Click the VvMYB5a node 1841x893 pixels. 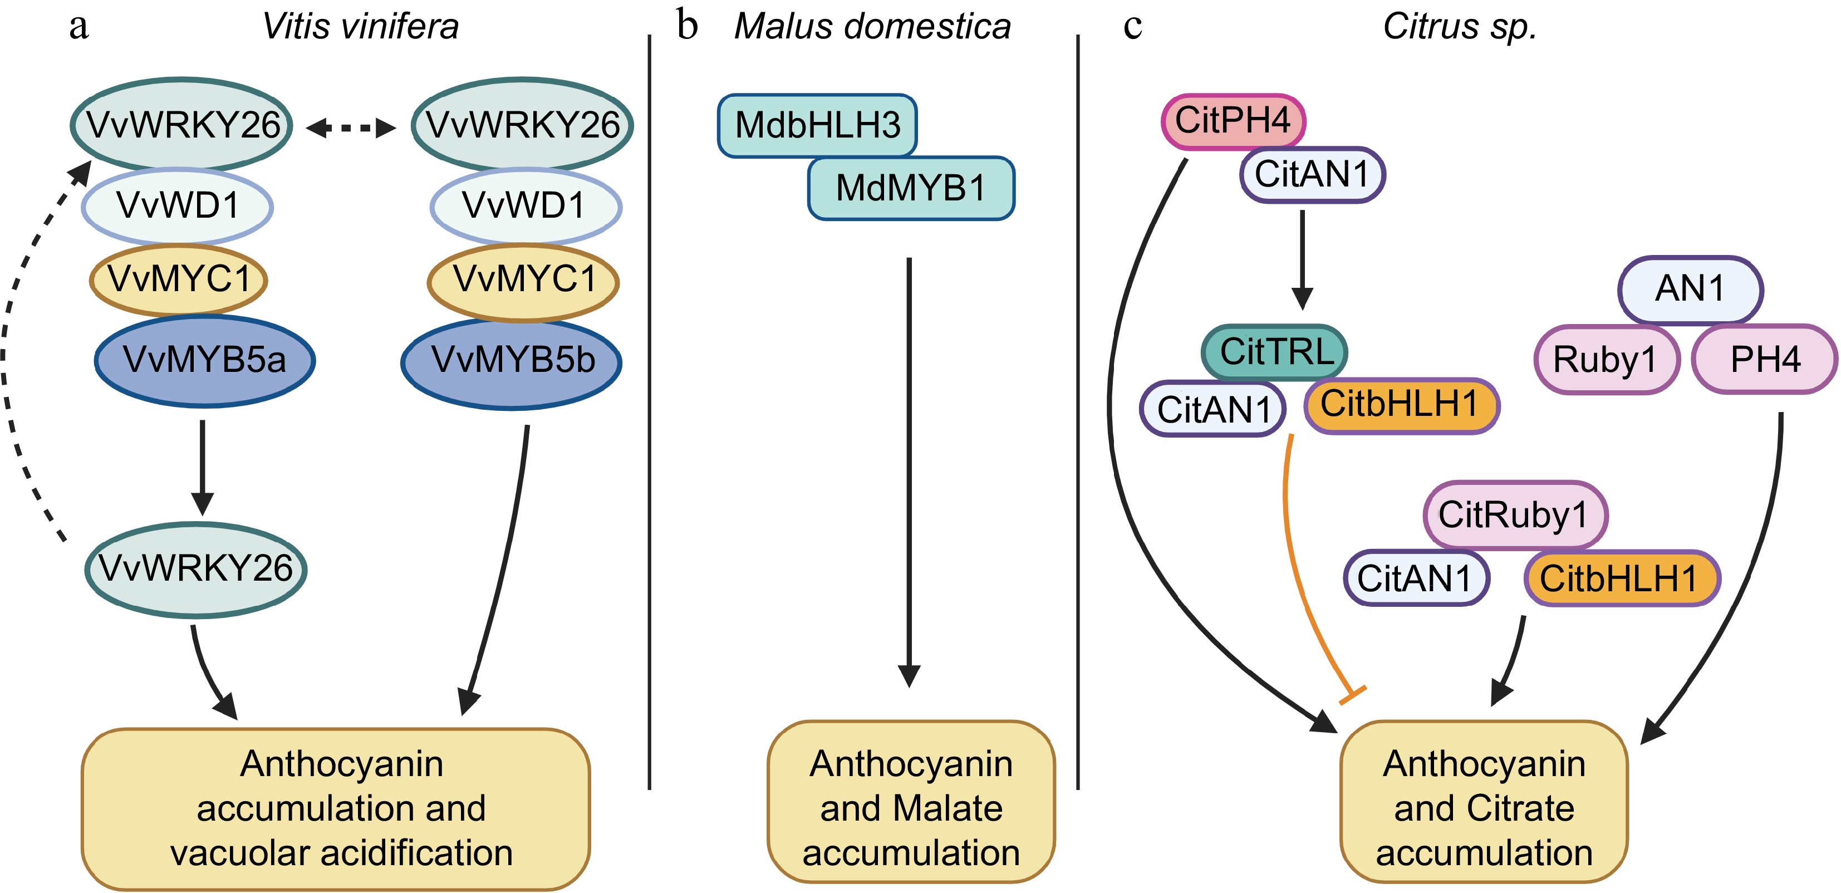204,360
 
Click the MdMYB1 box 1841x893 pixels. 911,188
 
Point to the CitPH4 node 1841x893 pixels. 1233,120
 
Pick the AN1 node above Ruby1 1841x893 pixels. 1690,290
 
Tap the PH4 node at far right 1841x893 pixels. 1765,360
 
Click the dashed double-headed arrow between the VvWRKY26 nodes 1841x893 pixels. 350,128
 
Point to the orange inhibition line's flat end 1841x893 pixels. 1352,694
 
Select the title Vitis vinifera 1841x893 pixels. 360,27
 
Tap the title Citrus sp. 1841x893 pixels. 1459,27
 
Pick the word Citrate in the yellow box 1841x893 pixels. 1520,808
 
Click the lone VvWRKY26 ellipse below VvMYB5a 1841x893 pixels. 196,569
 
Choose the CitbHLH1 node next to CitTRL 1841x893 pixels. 1401,405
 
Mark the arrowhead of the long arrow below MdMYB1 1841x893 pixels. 909,676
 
